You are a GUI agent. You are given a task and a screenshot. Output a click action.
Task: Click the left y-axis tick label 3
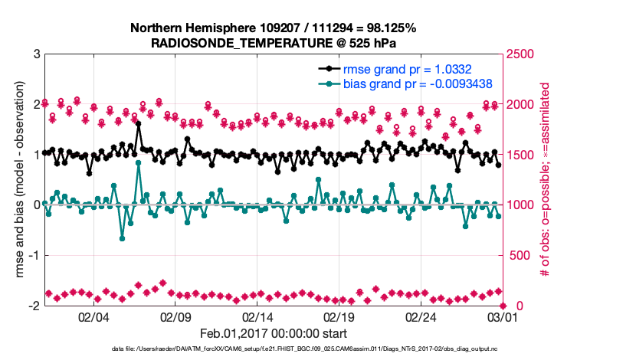pos(36,54)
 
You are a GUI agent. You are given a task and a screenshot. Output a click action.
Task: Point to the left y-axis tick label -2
pos(34,306)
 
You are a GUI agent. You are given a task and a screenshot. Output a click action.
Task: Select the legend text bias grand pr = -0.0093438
pos(417,83)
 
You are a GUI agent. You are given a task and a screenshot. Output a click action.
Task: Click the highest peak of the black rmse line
pos(139,123)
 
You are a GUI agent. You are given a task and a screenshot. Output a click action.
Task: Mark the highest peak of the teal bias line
pos(139,162)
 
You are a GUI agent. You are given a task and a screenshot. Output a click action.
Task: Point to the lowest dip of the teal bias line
pos(123,238)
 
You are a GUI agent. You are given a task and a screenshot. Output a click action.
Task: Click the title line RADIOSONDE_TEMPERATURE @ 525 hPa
pos(274,43)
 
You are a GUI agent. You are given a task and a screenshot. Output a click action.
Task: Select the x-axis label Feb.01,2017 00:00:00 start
pos(274,334)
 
